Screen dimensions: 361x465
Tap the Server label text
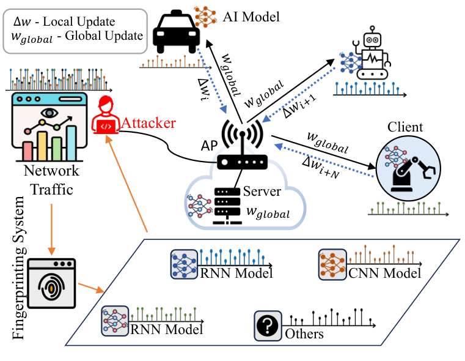click(262, 192)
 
